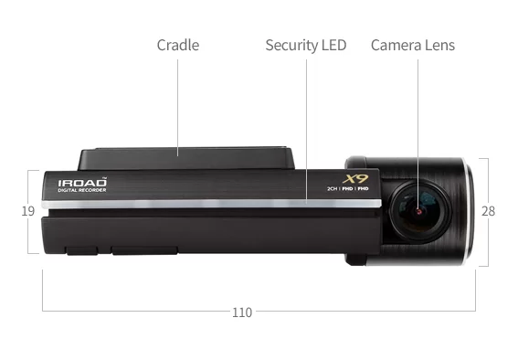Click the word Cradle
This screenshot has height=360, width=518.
177,45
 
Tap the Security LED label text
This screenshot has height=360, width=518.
306,45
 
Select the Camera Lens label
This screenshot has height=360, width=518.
412,45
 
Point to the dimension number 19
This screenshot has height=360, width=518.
27,211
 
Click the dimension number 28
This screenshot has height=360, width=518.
488,211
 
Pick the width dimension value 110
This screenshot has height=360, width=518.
241,312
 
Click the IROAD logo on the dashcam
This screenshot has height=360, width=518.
82,183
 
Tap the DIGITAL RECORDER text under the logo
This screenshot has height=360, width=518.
82,191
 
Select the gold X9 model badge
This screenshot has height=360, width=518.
354,178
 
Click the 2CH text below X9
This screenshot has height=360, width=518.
333,188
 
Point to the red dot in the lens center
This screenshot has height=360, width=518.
418,211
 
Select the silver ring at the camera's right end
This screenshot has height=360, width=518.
469,211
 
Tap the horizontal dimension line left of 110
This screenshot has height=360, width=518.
137,312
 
